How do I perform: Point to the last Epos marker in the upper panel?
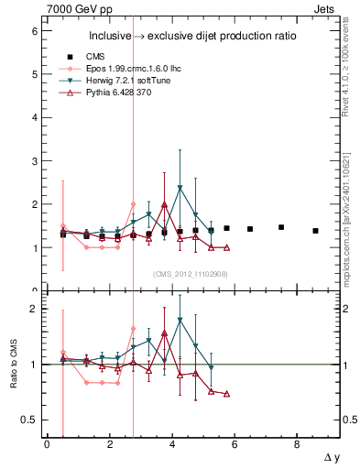[x=134, y=204]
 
